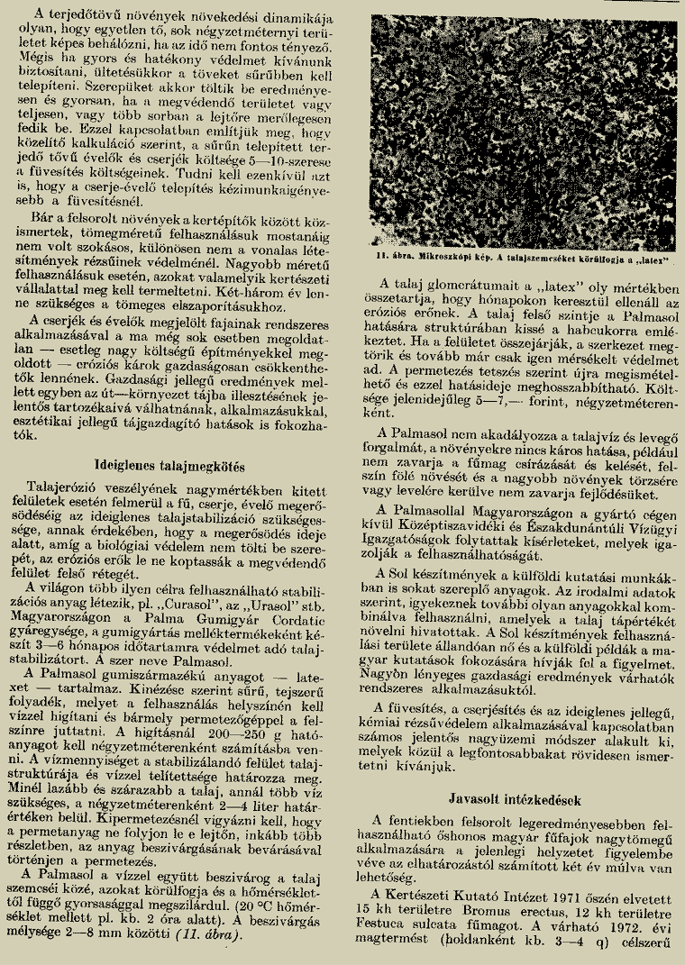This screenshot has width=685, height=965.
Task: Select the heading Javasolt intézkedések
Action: point(515,799)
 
